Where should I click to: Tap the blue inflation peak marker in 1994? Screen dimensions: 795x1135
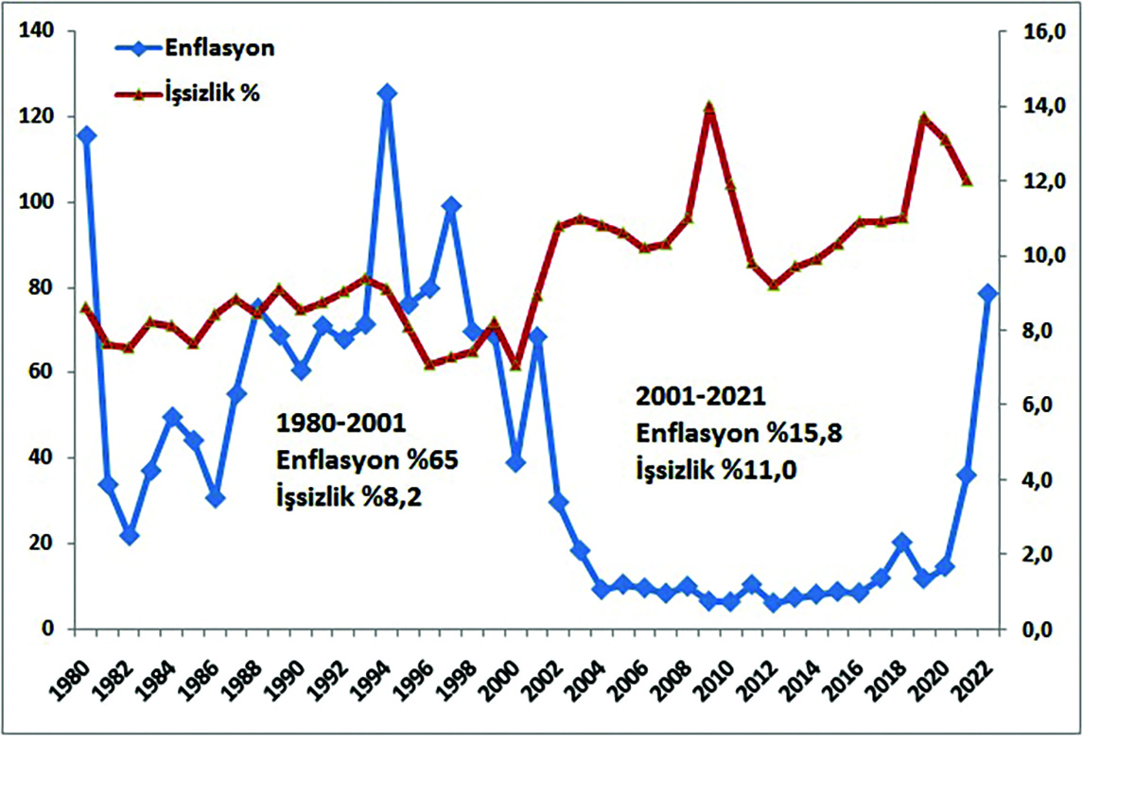tap(387, 93)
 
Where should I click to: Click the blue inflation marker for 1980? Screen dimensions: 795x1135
tap(87, 135)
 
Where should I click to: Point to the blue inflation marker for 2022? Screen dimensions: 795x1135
tap(988, 293)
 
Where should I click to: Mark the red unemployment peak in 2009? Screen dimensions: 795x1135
tap(709, 108)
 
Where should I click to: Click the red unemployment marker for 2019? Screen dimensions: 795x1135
tap(924, 118)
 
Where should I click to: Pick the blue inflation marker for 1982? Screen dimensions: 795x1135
tap(130, 536)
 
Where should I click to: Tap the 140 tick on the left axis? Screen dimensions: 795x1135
tap(46, 32)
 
